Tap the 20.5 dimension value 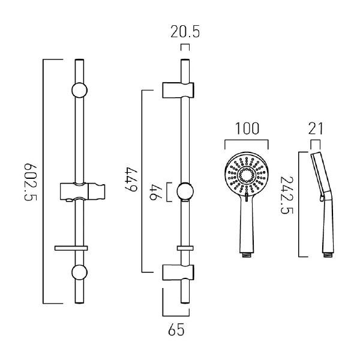coord(185,32)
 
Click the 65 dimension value coord(176,329)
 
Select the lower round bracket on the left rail coord(80,273)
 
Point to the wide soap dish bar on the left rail coord(71,247)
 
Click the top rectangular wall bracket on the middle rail coord(178,89)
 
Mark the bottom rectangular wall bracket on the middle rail coord(178,272)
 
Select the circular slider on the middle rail coord(185,192)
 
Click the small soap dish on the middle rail coord(185,247)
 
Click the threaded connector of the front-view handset coord(246,255)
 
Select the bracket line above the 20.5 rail coord(185,46)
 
